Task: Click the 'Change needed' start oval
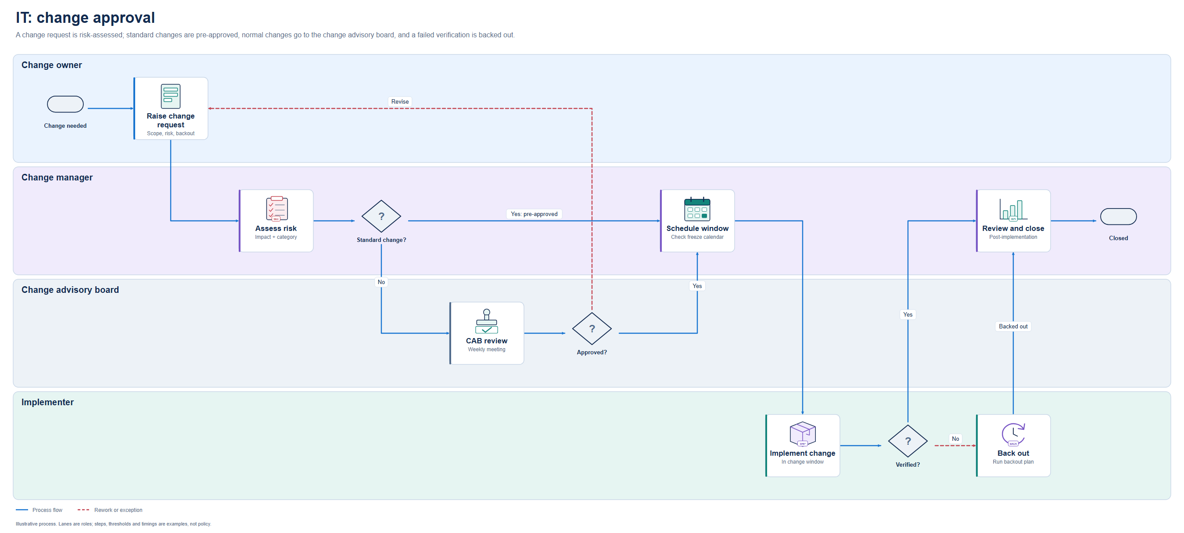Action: [65, 104]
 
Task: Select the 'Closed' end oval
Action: [1118, 216]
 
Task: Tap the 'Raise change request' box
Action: [171, 108]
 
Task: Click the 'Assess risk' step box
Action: [276, 221]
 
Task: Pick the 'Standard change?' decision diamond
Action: [381, 216]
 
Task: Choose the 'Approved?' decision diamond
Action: [592, 329]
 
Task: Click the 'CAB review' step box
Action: [487, 333]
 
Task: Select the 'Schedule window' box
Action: [697, 221]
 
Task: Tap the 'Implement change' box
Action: [803, 446]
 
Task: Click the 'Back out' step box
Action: [1013, 446]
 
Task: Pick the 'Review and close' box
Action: [1013, 221]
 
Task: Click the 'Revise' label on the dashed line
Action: [400, 101]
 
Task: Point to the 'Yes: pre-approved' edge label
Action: [534, 214]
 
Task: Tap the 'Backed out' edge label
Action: [1013, 327]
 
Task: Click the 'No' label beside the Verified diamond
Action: [955, 439]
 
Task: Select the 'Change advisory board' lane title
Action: [70, 290]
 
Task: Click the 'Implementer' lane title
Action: [47, 402]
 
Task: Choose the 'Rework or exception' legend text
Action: [118, 510]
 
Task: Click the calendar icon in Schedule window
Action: [697, 209]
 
